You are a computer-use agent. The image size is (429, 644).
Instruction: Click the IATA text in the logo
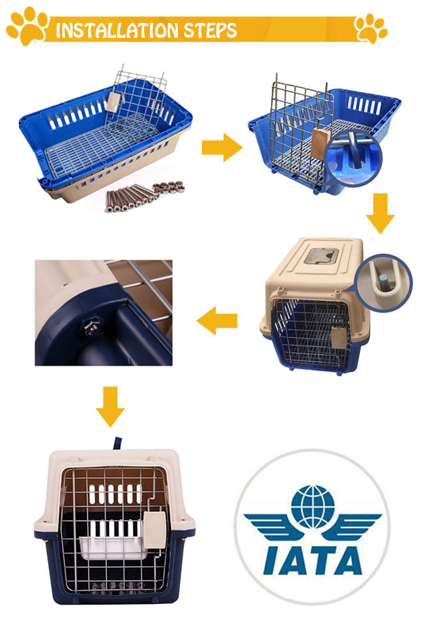click(x=312, y=554)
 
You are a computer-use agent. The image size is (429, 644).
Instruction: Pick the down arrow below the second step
click(x=380, y=213)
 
